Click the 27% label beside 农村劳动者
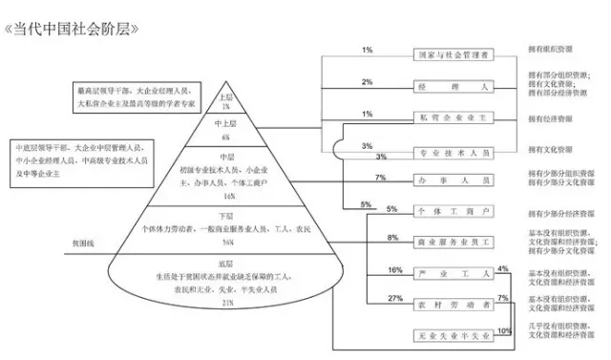point(393,298)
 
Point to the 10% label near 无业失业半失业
point(504,330)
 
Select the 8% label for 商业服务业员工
point(391,236)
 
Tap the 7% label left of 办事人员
point(380,178)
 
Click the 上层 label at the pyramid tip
point(226,96)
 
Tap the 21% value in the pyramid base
point(227,303)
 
